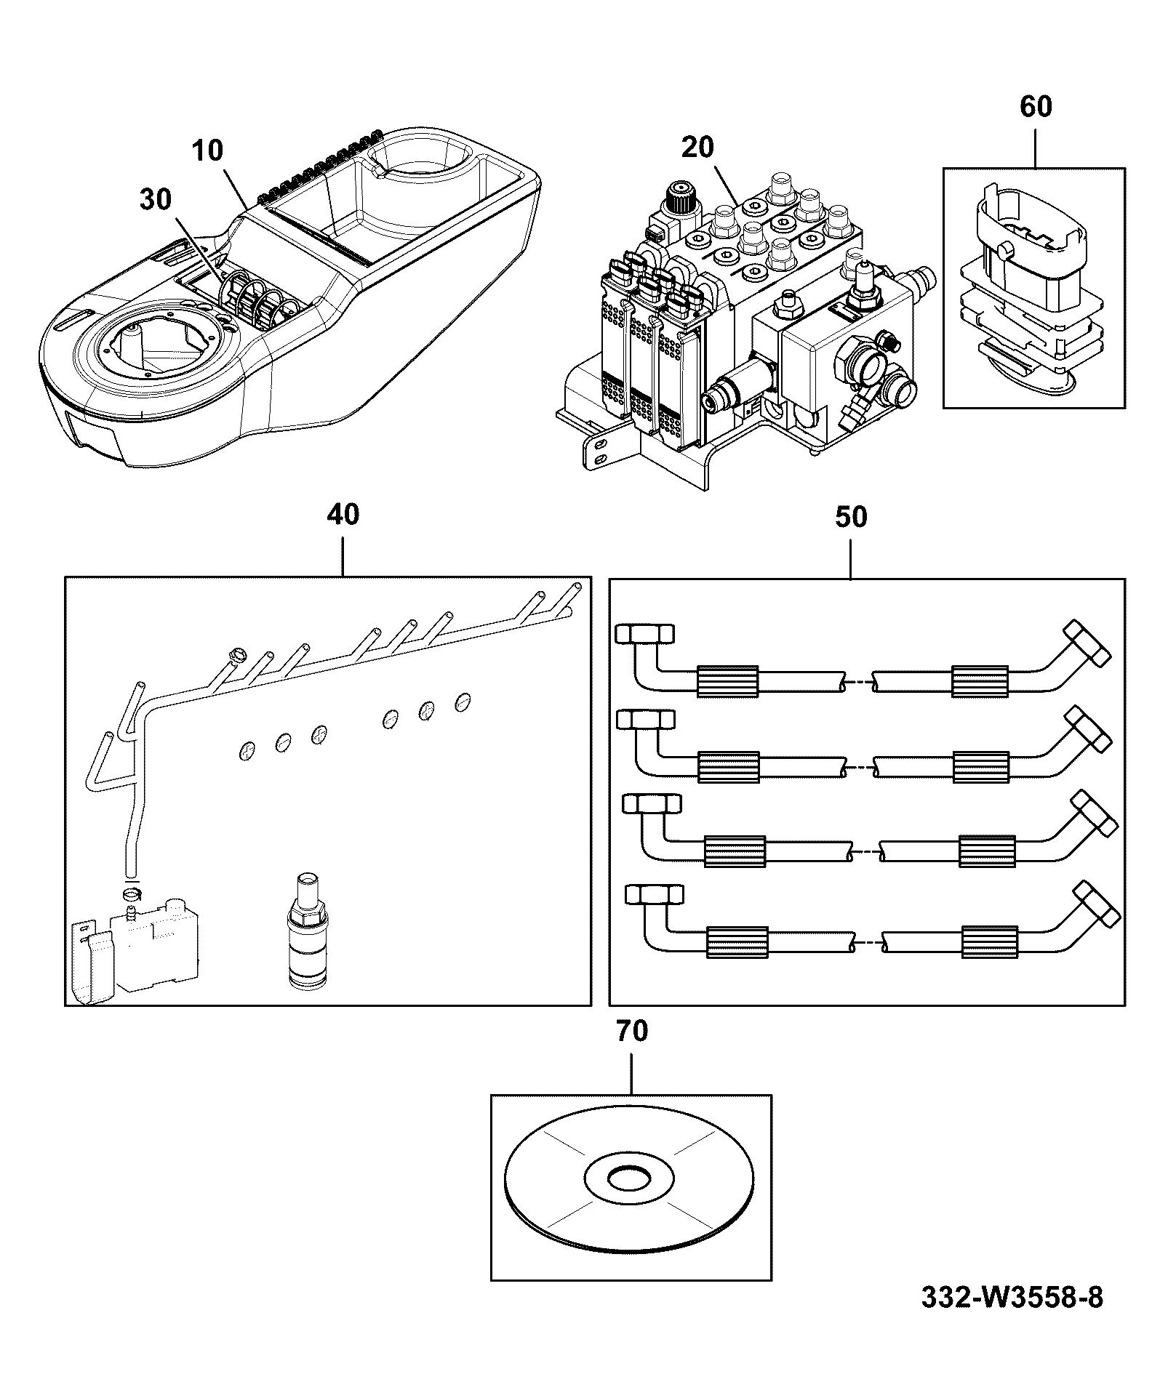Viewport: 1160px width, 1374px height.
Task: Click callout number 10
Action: click(x=207, y=151)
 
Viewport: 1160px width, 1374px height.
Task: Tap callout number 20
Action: click(x=698, y=148)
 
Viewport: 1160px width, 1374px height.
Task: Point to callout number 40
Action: click(x=343, y=515)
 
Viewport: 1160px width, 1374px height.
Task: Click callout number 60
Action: click(x=1036, y=107)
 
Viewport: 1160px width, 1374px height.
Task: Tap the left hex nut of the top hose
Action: click(x=645, y=634)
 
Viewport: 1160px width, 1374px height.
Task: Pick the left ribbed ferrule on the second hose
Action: click(x=728, y=768)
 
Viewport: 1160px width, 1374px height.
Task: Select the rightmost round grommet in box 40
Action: click(x=463, y=702)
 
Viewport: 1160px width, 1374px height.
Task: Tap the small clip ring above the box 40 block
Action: click(x=132, y=893)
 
